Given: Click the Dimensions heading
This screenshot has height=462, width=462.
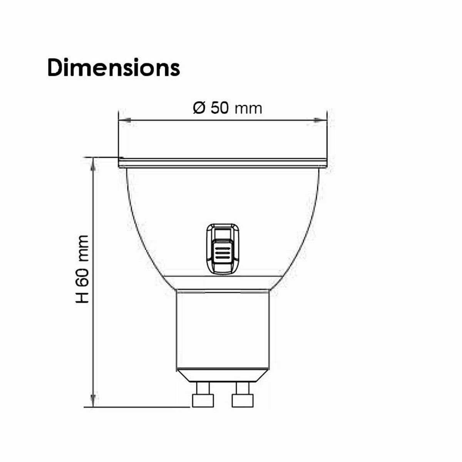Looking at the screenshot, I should click(114, 68).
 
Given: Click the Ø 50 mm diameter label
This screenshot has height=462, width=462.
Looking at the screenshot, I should click(228, 109).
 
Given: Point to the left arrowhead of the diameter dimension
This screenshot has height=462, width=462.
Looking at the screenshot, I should click(125, 121).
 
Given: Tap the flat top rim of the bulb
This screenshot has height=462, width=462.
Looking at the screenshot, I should click(223, 163).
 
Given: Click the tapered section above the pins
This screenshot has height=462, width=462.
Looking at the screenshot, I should click(223, 376).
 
